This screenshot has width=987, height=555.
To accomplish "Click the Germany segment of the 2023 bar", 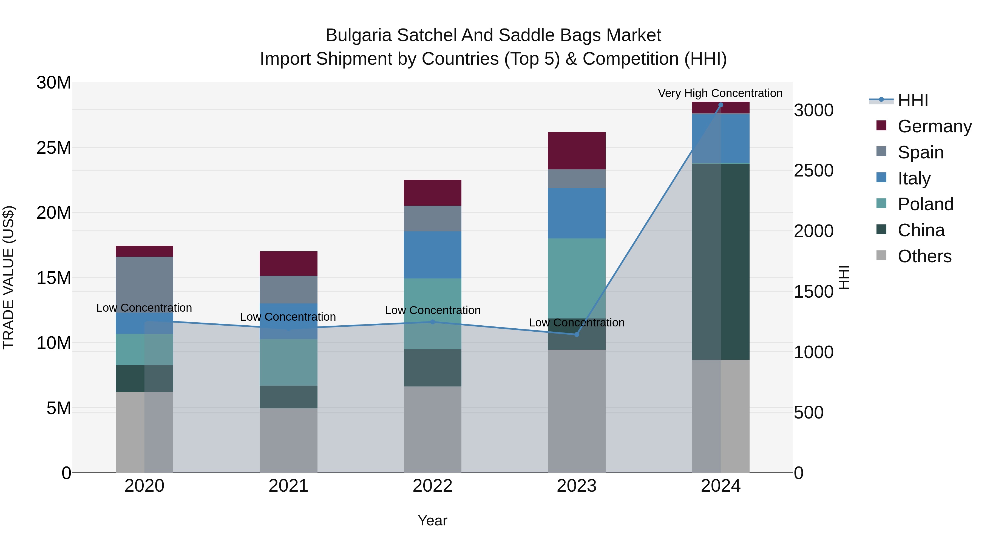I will click(x=576, y=150).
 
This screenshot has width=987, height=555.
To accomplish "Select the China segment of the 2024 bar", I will click(x=720, y=262).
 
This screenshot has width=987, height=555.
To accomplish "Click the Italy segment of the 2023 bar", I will click(x=576, y=213).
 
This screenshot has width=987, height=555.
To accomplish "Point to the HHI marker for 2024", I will click(x=720, y=105).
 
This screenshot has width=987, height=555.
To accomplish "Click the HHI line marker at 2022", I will click(x=433, y=322).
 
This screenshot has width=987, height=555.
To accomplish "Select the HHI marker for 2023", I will click(x=576, y=334).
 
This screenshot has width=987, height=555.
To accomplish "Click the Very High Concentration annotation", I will click(x=720, y=93).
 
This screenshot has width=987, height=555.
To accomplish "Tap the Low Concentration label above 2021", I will click(x=288, y=317).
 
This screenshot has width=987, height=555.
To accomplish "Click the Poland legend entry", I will click(x=925, y=204).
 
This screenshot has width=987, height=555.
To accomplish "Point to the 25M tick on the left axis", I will click(x=54, y=148).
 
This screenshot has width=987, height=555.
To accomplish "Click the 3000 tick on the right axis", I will click(x=813, y=110).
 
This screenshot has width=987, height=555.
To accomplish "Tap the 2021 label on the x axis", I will click(x=288, y=486).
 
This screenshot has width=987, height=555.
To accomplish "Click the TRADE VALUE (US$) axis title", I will click(x=8, y=277).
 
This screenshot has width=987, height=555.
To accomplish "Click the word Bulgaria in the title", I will click(x=358, y=35).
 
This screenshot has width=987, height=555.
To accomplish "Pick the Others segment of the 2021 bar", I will click(x=288, y=440).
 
